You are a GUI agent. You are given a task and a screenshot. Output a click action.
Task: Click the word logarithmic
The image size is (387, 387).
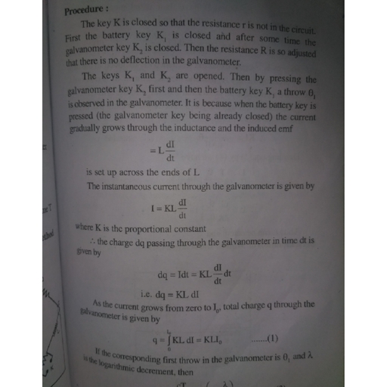point(117,362)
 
